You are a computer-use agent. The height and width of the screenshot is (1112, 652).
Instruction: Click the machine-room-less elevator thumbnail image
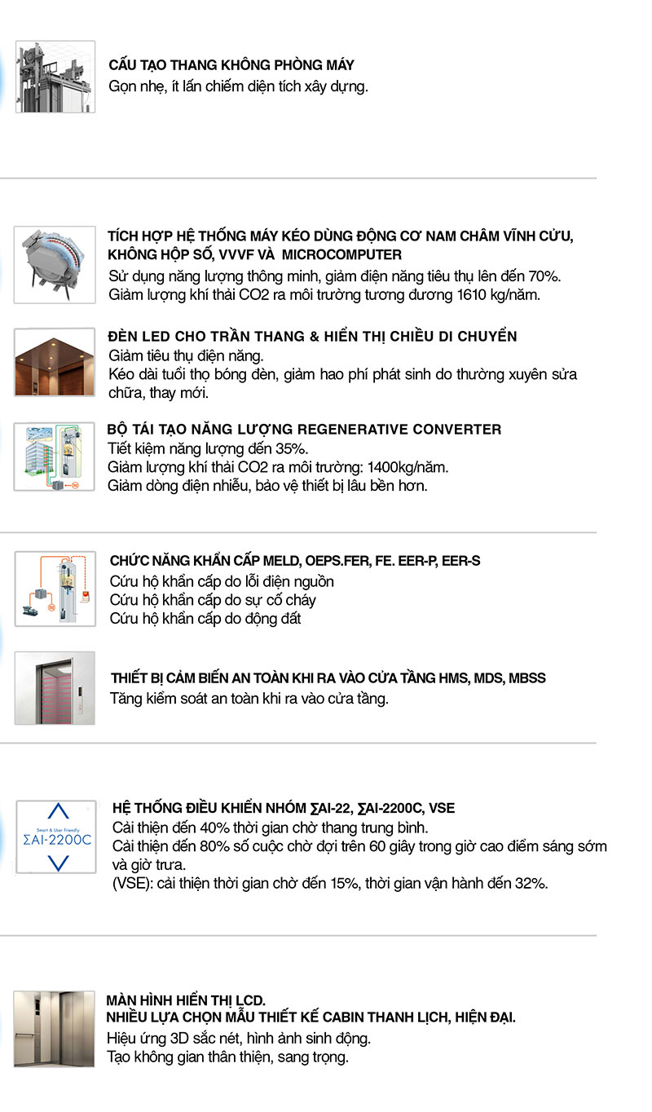[x=55, y=77]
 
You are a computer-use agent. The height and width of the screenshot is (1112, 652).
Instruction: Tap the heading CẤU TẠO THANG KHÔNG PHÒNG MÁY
[x=231, y=65]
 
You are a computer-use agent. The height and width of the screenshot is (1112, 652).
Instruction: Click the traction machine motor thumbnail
[x=55, y=264]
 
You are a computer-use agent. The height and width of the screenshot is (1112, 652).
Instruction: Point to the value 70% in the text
[x=545, y=276]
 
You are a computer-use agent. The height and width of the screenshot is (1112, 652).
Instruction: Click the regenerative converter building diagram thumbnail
[x=55, y=456]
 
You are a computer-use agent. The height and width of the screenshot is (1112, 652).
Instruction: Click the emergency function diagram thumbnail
[x=55, y=588]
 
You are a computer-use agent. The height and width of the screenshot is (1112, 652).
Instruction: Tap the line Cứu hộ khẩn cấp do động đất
[x=205, y=619]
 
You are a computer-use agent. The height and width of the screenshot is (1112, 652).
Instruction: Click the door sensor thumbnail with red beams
[x=55, y=687]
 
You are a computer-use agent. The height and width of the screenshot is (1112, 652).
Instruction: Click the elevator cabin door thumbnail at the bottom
[x=55, y=1027]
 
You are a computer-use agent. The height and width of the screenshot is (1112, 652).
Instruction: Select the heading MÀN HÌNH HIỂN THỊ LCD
[x=187, y=1000]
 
